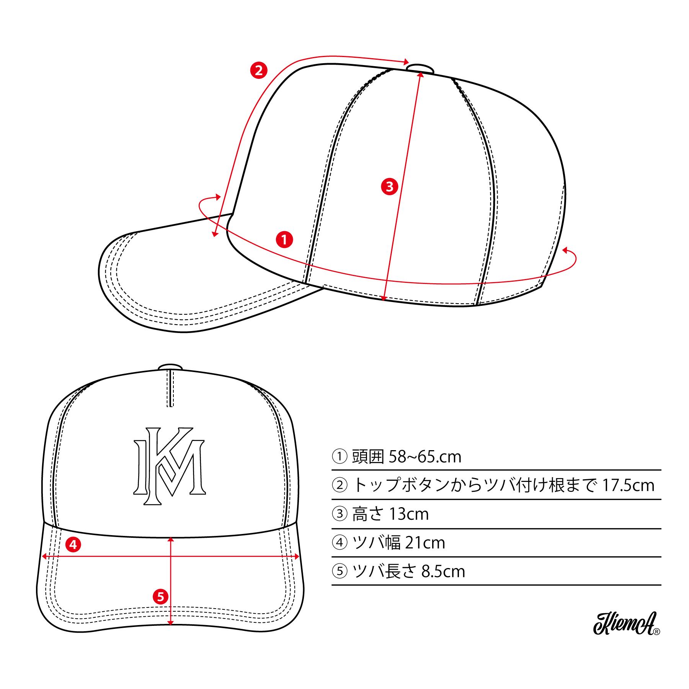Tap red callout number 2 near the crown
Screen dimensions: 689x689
[x=258, y=70]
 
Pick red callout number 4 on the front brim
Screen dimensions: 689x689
[x=73, y=544]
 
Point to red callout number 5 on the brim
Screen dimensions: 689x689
[x=160, y=596]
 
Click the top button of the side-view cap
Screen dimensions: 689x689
[x=420, y=68]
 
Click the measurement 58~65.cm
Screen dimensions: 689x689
[x=425, y=457]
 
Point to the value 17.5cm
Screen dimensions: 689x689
[x=628, y=486]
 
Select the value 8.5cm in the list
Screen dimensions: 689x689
[x=443, y=571]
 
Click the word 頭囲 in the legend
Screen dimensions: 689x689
[x=368, y=457]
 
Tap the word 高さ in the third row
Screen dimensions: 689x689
[x=368, y=514]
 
